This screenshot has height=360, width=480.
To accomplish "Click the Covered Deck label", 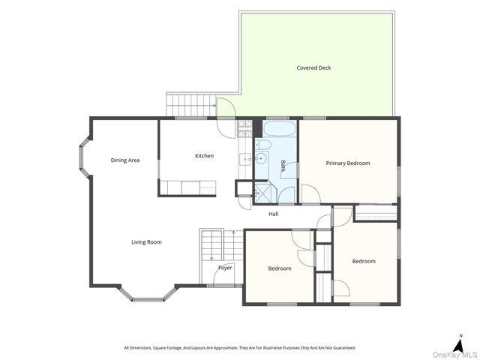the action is click(x=313, y=68).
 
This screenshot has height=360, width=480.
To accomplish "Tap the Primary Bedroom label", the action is click(x=348, y=163).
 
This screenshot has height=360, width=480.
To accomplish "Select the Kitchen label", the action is click(x=204, y=156).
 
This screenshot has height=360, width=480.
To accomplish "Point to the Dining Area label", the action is click(x=125, y=160).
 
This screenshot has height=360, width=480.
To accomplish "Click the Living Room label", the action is click(x=146, y=242).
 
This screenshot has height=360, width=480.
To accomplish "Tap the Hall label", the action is click(x=273, y=214).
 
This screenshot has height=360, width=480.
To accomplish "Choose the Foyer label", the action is click(x=225, y=268).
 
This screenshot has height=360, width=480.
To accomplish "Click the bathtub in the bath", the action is click(x=279, y=128).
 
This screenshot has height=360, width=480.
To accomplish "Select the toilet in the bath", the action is click(x=262, y=144).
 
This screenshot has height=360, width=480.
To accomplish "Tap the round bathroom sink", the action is click(x=261, y=158).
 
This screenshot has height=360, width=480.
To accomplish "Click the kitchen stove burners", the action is click(x=244, y=128).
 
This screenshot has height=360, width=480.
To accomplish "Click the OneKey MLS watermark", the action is click(x=454, y=355).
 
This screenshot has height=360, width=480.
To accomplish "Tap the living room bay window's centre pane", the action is click(x=148, y=299).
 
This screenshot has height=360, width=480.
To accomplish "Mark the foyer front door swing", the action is click(x=223, y=274).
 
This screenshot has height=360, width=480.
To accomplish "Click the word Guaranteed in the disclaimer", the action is click(x=344, y=348).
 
